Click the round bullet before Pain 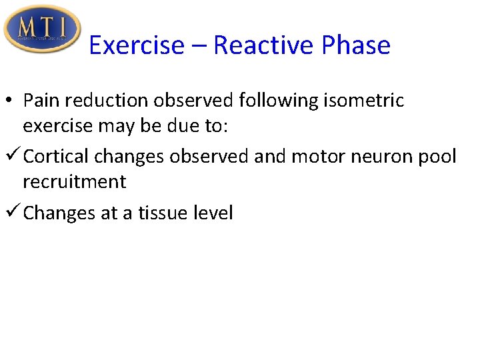pyautogui.click(x=12, y=101)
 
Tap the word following pyautogui.click(x=277, y=100)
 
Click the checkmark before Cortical pyautogui.click(x=12, y=157)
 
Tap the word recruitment pyautogui.click(x=74, y=181)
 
